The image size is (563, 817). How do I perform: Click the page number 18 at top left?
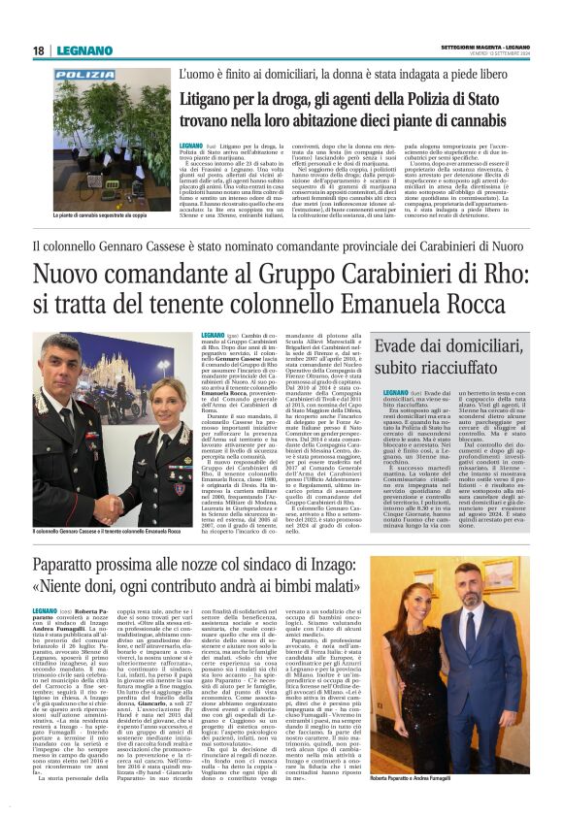pyautogui.click(x=36, y=50)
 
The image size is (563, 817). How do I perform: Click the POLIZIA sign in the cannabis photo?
pyautogui.click(x=83, y=74)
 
